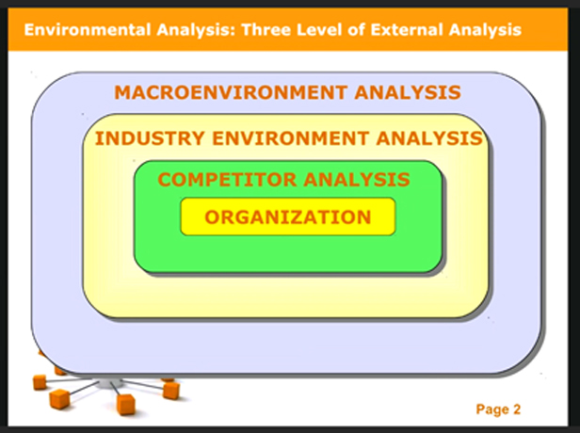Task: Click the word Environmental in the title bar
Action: (88, 29)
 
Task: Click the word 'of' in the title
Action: (356, 29)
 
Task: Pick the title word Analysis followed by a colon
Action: (196, 30)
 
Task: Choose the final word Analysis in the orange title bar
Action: (485, 30)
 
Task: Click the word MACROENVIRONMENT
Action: (232, 92)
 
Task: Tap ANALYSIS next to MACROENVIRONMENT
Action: (408, 92)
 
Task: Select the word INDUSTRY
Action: (150, 138)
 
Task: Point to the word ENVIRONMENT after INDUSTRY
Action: (290, 138)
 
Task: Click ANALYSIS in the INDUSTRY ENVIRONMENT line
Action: (429, 138)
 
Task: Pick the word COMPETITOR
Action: (227, 180)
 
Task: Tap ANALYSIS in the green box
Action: (357, 180)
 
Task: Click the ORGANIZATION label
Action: (288, 217)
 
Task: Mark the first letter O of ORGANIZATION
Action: (213, 217)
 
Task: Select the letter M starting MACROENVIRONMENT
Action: (123, 92)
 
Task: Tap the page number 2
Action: (517, 409)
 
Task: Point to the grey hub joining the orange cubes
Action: (107, 383)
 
